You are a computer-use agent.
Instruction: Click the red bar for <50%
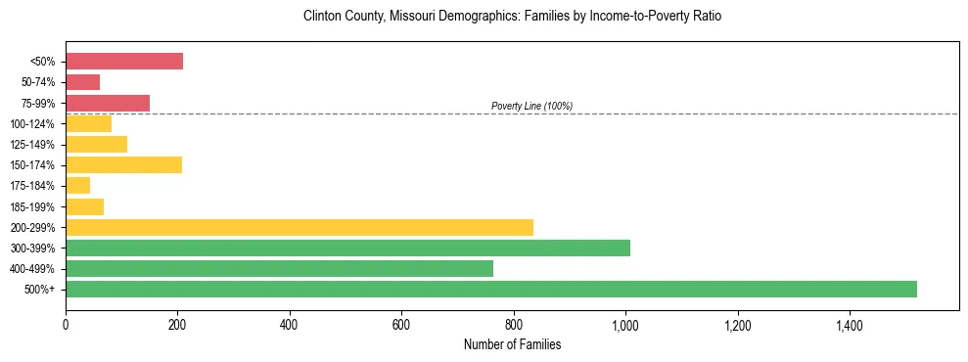coord(124,62)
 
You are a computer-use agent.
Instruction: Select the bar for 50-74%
coord(82,82)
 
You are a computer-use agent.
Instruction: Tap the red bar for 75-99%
coord(108,103)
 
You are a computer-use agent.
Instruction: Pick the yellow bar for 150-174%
coord(123,164)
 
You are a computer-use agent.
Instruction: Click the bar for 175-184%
coord(77,185)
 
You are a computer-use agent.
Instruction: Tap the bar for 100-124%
coord(88,123)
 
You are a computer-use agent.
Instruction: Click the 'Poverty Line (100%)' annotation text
coord(531,106)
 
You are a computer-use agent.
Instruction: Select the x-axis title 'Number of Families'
coord(512,344)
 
